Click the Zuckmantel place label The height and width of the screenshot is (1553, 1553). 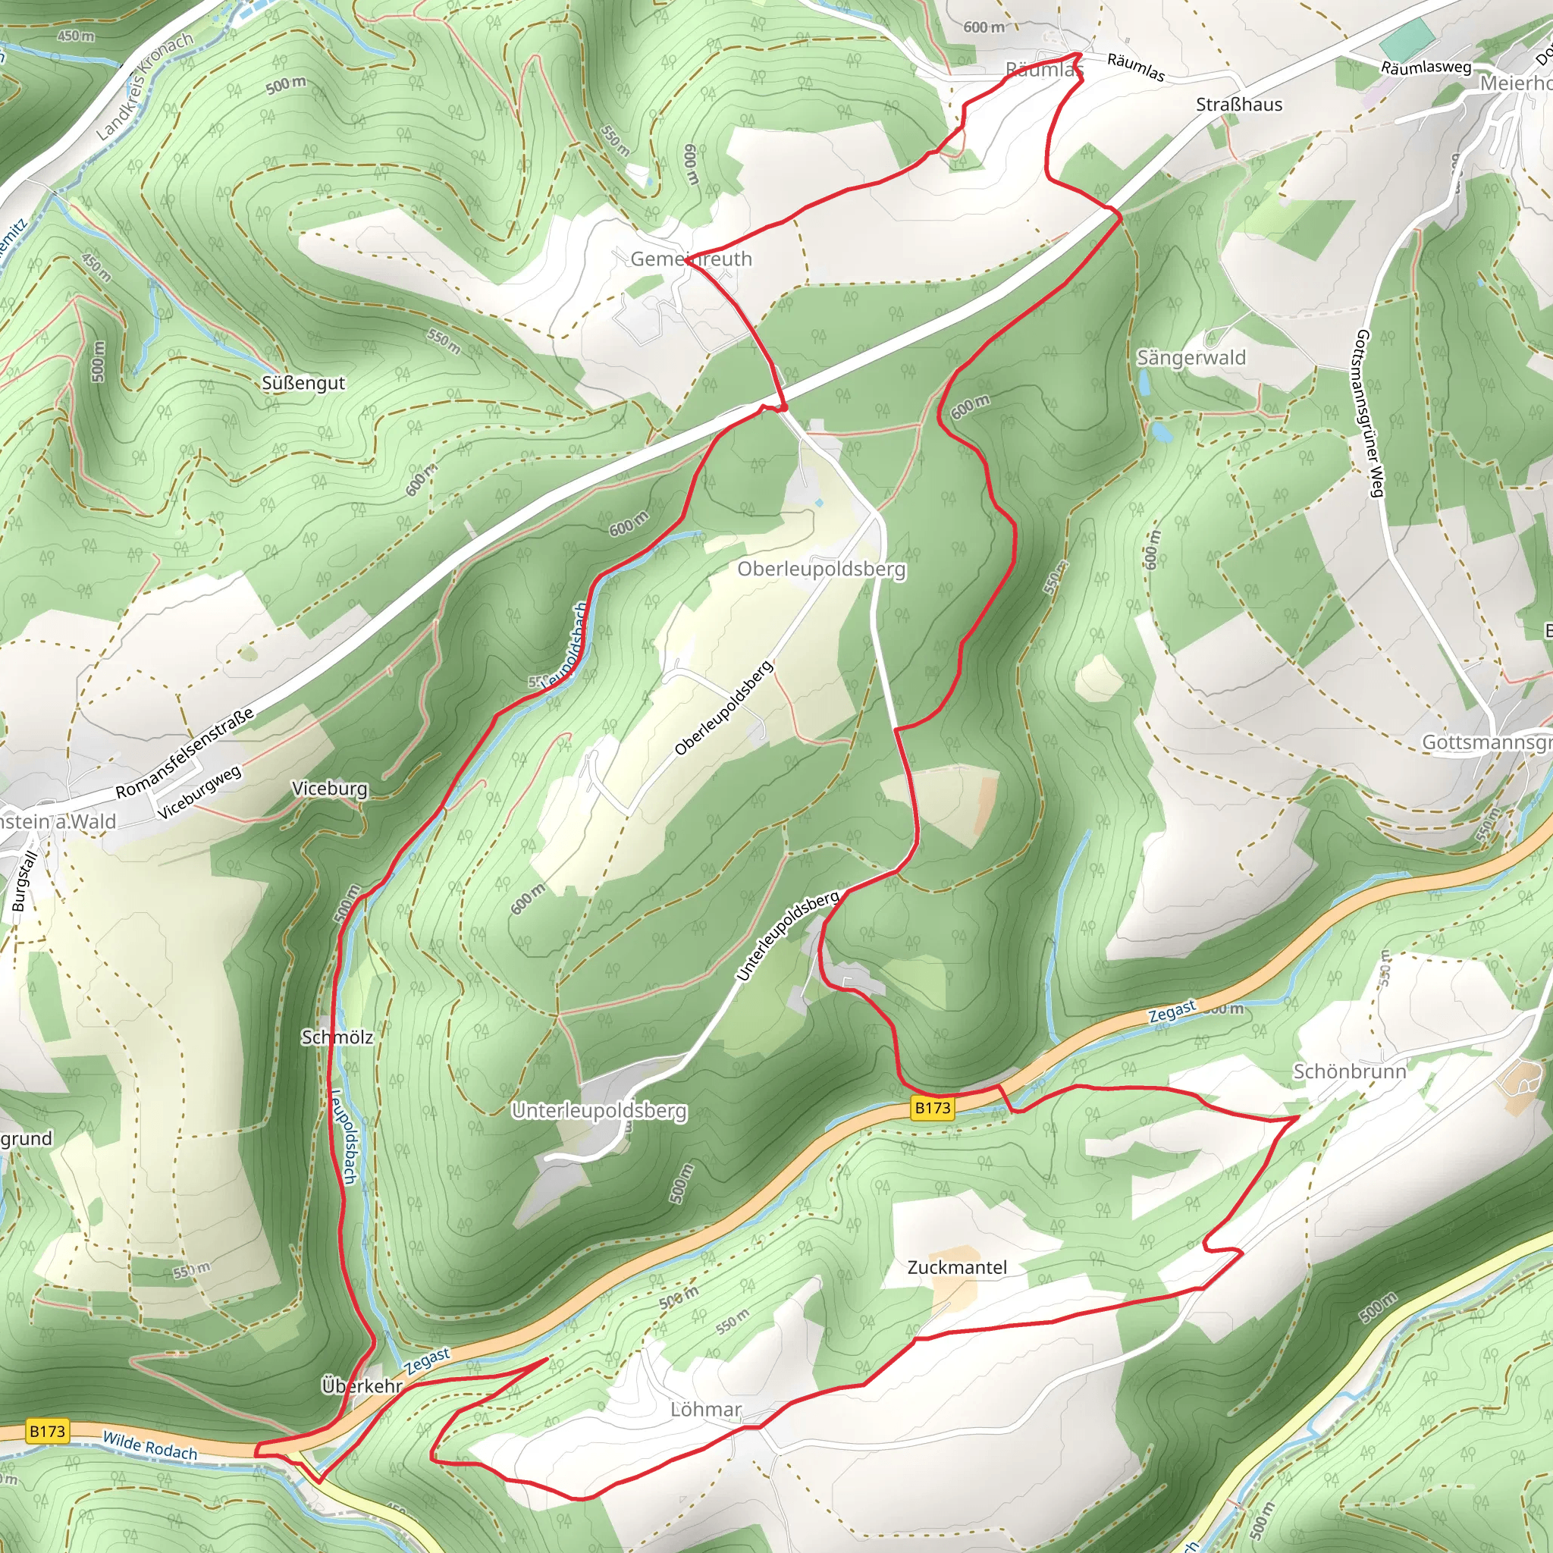[x=956, y=1268]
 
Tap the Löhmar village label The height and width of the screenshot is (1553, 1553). [x=706, y=1410]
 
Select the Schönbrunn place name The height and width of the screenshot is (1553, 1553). [x=1350, y=1071]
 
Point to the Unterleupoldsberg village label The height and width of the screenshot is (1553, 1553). [x=600, y=1111]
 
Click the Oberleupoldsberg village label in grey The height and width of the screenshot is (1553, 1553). [x=821, y=569]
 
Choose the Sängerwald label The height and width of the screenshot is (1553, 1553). [x=1191, y=358]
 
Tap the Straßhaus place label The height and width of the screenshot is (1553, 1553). [x=1239, y=105]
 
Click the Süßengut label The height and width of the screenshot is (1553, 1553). [x=304, y=384]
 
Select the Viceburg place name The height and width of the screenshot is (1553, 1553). [x=330, y=789]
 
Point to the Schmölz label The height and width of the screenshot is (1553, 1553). [x=337, y=1037]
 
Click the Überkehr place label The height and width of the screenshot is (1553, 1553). [x=362, y=1386]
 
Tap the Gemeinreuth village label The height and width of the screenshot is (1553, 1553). [x=692, y=259]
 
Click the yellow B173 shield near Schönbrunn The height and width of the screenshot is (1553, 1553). [x=933, y=1108]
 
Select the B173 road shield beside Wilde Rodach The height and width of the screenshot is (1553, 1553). [x=48, y=1431]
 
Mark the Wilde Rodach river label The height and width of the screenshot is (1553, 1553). [x=150, y=1445]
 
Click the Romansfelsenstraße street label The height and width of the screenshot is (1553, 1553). [x=185, y=753]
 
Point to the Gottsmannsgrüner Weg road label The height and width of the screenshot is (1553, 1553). [x=1369, y=413]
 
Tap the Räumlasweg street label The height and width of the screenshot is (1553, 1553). [x=1426, y=67]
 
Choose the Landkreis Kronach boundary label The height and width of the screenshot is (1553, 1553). [x=145, y=86]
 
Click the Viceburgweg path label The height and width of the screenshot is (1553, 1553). [x=199, y=792]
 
